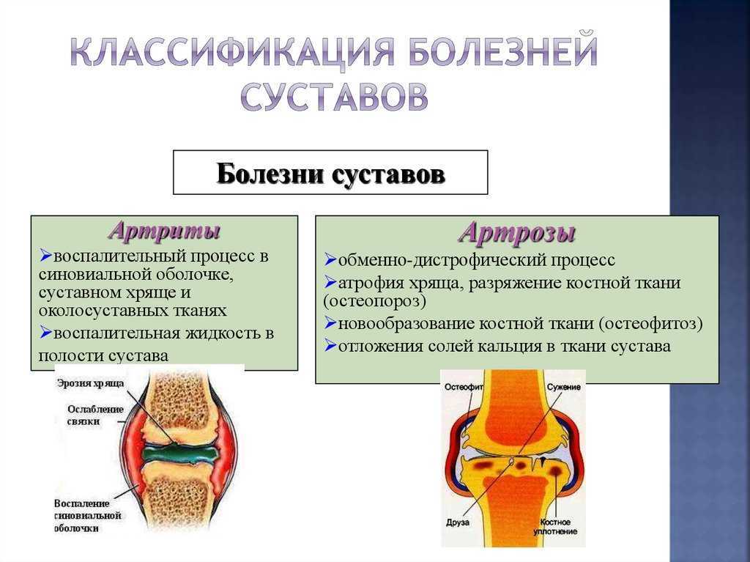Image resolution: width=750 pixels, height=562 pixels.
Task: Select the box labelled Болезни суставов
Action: pos(330,172)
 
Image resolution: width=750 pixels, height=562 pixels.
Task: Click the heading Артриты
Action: pos(165,231)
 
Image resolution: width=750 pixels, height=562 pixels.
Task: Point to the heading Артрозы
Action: pos(517,233)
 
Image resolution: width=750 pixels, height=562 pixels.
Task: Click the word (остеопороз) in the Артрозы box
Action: pos(374,301)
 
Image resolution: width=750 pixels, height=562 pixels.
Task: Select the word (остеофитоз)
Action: pos(650,324)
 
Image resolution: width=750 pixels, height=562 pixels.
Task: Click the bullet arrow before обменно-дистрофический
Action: pos(330,259)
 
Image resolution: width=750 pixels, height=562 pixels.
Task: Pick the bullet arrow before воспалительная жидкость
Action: pos(45,332)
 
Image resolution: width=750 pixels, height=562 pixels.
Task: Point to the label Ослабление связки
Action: pos(95,415)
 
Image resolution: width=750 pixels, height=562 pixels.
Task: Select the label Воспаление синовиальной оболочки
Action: pos(88,516)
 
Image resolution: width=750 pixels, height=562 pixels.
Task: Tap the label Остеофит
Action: pos(464,387)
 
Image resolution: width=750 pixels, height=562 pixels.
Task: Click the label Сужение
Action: pos(564,387)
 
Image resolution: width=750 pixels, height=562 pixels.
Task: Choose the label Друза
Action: pos(458,522)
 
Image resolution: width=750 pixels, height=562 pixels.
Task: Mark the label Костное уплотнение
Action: pos(555,527)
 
